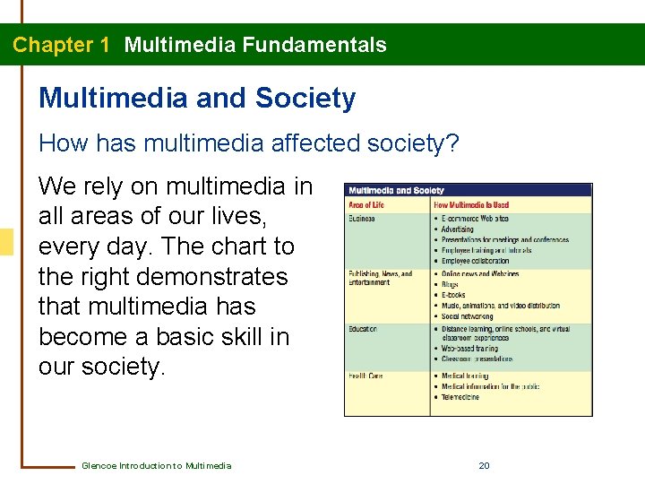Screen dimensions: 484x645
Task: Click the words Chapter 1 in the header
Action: pos(61,45)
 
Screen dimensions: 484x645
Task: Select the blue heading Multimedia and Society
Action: pos(197,98)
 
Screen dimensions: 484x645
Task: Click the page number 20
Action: pos(484,465)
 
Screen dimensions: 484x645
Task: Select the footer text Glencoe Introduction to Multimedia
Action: pos(156,465)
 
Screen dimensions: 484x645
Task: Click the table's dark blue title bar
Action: pos(469,190)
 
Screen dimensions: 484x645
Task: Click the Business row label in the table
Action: pos(362,219)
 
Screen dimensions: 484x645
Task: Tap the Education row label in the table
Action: pos(363,329)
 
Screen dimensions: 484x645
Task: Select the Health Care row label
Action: pos(365,376)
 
